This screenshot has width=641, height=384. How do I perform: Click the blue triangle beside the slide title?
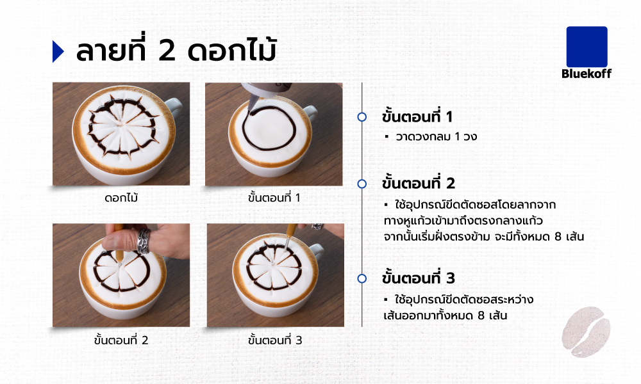58,51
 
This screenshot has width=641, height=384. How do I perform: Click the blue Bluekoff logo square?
587,47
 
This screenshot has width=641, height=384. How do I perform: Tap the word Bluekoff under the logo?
587,74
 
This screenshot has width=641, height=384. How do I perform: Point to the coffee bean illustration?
586,332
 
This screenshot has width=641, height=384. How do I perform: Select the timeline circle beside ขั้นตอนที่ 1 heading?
362,117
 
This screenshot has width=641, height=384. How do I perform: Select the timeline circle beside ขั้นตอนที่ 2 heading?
362,184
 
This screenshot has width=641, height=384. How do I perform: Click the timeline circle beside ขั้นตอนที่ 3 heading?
362,278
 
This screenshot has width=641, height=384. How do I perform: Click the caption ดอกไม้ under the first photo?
121,198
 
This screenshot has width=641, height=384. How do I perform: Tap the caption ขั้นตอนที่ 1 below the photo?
274,198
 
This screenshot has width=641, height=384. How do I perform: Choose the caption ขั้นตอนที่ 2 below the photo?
121,339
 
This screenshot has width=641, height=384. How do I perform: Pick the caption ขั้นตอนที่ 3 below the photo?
275,339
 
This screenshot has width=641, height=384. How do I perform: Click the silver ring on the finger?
144,241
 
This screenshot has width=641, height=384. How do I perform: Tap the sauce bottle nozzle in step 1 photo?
253,102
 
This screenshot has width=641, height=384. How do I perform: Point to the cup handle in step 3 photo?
317,250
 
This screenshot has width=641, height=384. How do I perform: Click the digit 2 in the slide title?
167,51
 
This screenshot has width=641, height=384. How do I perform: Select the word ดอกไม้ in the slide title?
232,49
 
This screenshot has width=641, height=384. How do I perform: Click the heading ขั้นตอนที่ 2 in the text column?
418,183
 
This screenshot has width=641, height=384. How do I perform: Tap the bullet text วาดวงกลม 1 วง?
436,136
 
